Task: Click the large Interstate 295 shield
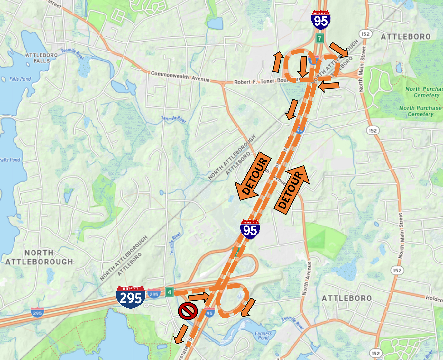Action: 131,297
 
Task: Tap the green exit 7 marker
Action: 319,38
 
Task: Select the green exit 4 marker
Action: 170,292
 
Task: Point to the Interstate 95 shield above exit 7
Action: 321,20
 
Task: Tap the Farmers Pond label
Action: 263,336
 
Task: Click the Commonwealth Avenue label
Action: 180,76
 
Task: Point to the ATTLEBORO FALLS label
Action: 42,58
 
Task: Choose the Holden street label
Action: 434,299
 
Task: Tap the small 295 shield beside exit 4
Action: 154,294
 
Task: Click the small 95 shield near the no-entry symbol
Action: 209,312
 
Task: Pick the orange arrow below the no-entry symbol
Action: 181,334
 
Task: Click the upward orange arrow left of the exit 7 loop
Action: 277,61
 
